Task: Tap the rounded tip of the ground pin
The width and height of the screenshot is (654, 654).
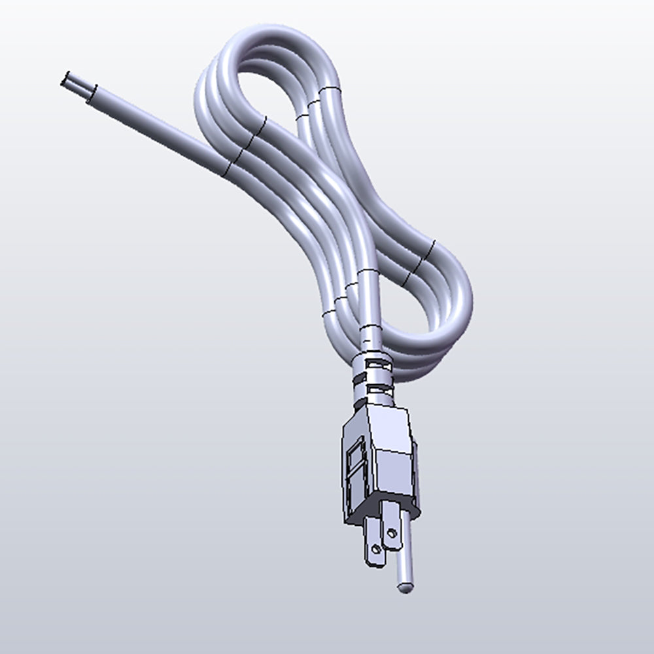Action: (405, 587)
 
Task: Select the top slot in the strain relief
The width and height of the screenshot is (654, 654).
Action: (373, 359)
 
